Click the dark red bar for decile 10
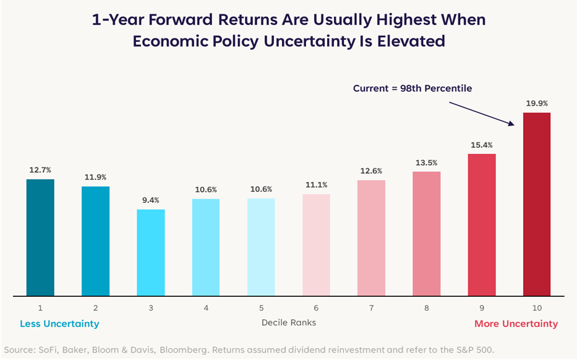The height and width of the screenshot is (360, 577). pyautogui.click(x=537, y=204)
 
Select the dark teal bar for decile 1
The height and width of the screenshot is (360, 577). pyautogui.click(x=40, y=238)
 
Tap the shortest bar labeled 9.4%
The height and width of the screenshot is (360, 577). pyautogui.click(x=150, y=253)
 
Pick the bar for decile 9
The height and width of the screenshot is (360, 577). pyautogui.click(x=482, y=225)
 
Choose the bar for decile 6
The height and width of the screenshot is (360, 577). pyautogui.click(x=316, y=245)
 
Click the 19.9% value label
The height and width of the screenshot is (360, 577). pyautogui.click(x=537, y=103)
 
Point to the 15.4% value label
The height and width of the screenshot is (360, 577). pyautogui.click(x=482, y=145)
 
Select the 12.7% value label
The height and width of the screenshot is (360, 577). pyautogui.click(x=40, y=170)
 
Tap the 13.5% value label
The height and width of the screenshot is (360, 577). pyautogui.click(x=427, y=163)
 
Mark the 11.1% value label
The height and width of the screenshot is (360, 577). pyautogui.click(x=316, y=185)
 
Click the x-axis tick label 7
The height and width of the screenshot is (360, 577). pyautogui.click(x=371, y=308)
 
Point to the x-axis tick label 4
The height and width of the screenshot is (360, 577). pyautogui.click(x=206, y=308)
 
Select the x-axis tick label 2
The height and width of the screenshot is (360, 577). pyautogui.click(x=95, y=308)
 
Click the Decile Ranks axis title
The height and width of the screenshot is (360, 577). pyautogui.click(x=289, y=323)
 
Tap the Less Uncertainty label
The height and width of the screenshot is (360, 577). pyautogui.click(x=59, y=324)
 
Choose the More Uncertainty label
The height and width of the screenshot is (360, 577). pyautogui.click(x=516, y=324)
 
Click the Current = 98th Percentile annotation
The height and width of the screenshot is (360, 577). pyautogui.click(x=412, y=88)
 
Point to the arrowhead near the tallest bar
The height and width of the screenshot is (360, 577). pyautogui.click(x=511, y=123)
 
